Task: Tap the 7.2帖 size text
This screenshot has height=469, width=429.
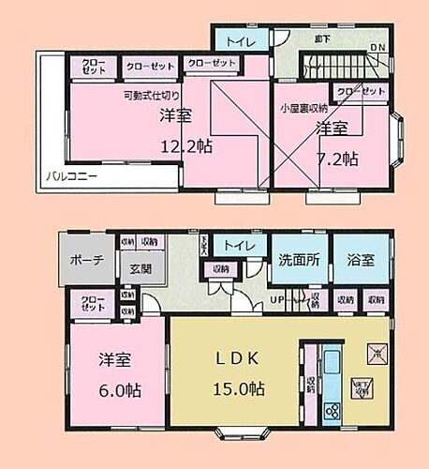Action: [x=337, y=159]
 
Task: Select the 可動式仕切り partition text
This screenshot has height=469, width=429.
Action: [x=150, y=95]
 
